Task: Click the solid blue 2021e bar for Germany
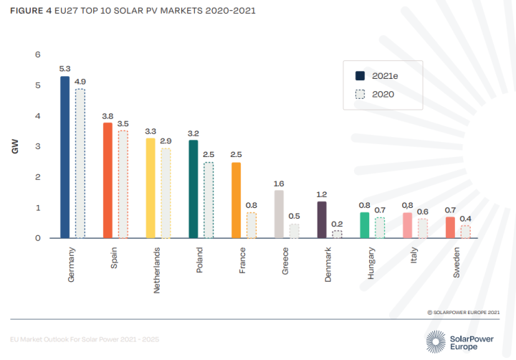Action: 64,157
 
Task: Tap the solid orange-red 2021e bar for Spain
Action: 107,180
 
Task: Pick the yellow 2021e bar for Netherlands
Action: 150,188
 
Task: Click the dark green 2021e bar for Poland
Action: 193,189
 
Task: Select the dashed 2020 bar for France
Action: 252,225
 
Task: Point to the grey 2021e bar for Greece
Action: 279,214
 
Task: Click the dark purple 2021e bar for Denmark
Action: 322,219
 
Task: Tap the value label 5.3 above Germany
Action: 64,69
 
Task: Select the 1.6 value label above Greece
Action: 279,184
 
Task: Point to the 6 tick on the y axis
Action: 38,55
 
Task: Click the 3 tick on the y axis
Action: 38,146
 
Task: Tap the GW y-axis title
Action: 14,146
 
